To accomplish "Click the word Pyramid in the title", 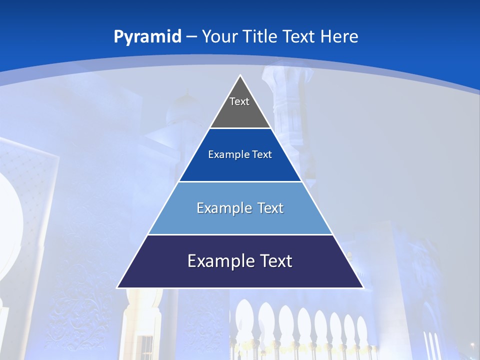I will coord(147,37).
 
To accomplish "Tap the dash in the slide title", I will coord(191,37).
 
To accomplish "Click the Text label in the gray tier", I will coord(239,101).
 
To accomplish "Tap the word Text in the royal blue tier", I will coord(262,155).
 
